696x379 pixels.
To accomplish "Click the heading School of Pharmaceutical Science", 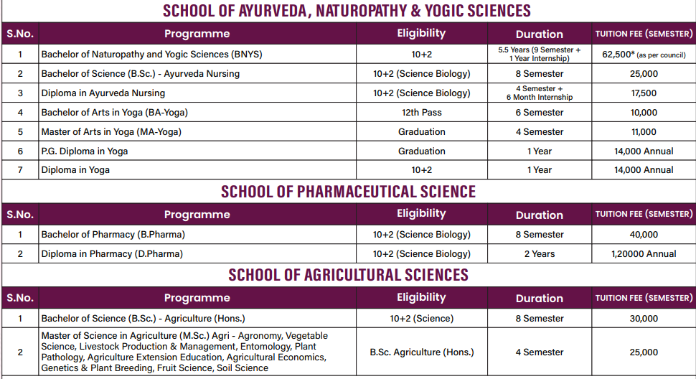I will pos(348,192).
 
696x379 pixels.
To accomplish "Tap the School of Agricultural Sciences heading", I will pos(348,275).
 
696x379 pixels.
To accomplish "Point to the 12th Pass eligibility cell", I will pos(421,113).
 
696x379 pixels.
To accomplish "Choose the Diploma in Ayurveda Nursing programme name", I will pos(103,93).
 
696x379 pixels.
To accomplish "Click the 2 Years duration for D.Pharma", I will pos(539,253).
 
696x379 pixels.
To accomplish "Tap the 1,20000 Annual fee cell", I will pos(644,253).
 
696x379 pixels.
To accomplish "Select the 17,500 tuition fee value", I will pos(644,93).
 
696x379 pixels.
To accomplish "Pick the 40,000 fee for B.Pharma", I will pos(644,235).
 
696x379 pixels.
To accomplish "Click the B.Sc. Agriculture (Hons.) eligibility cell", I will pos(421,352).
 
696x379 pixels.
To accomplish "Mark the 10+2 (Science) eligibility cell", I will pos(421,319).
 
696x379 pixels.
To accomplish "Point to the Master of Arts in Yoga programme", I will pos(111,132).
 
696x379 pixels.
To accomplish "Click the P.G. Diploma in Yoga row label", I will pos(85,151).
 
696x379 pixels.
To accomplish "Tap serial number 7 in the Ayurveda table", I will pos(20,170).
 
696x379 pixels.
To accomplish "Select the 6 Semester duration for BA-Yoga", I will pos(539,113).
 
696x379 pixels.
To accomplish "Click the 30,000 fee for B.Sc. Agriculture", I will pos(644,319).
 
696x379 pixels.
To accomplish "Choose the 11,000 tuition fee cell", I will pos(644,132).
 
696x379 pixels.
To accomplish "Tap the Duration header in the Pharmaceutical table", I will pos(539,215).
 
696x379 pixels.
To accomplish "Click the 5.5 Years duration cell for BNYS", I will pos(539,54).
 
